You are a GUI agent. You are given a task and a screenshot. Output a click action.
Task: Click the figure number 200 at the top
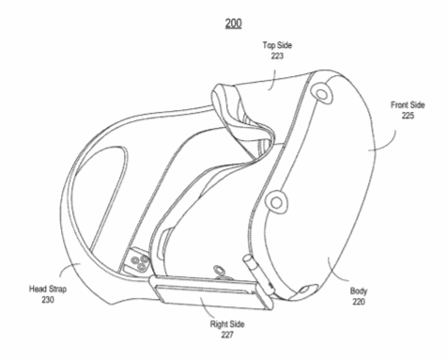pos(234,23)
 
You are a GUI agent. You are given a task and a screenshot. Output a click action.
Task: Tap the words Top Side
pos(277,45)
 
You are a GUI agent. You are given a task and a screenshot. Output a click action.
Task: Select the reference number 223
pos(277,56)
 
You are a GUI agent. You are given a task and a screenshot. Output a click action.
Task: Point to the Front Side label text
pos(408,105)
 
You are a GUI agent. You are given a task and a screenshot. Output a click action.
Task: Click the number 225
pos(408,116)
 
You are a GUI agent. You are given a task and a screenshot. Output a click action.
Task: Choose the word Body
pos(359,291)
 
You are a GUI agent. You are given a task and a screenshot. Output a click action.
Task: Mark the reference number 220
pos(359,302)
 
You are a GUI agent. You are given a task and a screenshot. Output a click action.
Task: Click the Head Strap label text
pos(48,289)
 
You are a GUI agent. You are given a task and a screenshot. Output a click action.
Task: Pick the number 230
pos(48,300)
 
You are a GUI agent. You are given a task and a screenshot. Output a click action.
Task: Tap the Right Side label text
pos(227,324)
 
